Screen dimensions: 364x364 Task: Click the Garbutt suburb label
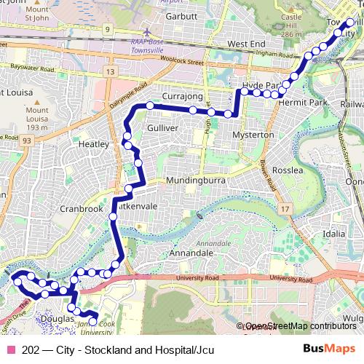(182, 15)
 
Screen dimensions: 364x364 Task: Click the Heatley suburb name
(92, 144)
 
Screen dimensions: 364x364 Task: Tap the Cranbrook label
(82, 207)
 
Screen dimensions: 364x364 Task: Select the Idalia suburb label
(336, 234)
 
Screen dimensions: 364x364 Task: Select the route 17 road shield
(285, 209)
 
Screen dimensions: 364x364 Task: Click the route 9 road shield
(108, 29)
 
